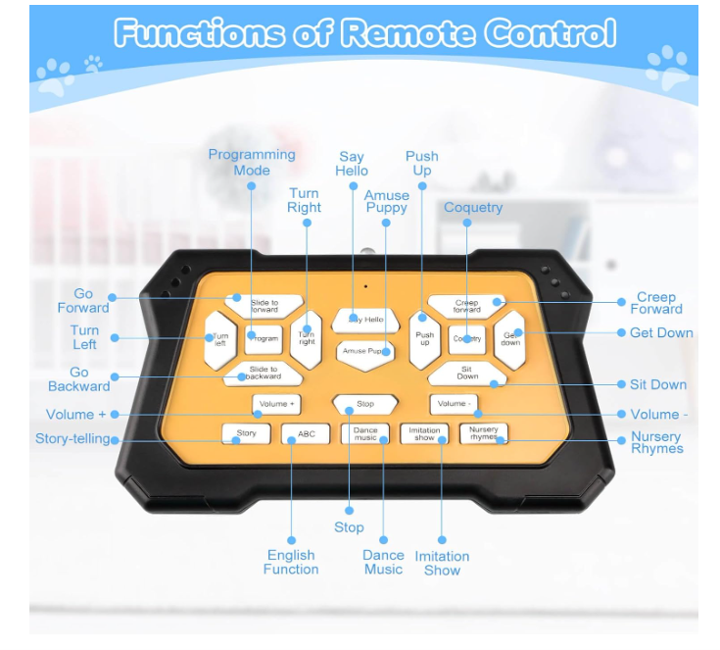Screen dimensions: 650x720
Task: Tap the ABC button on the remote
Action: [x=306, y=433]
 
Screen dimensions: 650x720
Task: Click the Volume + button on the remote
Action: [x=276, y=403]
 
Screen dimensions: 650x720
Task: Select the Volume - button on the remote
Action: [x=453, y=403]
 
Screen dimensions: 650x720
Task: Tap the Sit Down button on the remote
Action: [x=467, y=373]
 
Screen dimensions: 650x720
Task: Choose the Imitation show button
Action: [x=424, y=433]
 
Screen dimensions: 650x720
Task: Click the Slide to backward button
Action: [x=263, y=373]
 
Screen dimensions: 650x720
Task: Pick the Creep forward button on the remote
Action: [x=466, y=306]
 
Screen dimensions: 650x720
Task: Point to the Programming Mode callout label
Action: [x=252, y=162]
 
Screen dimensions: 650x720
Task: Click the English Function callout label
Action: [x=291, y=562]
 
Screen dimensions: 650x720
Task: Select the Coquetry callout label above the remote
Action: [x=473, y=207]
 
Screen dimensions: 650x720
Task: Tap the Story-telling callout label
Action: [x=72, y=439]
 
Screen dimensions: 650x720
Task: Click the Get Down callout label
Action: [x=661, y=332]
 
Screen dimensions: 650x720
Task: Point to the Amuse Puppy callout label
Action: [x=387, y=202]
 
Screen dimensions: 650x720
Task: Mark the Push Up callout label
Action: [x=422, y=163]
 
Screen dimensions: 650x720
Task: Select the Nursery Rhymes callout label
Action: [x=656, y=443]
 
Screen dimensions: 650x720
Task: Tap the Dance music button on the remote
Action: [x=365, y=433]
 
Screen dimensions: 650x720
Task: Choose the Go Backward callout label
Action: [x=79, y=379]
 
